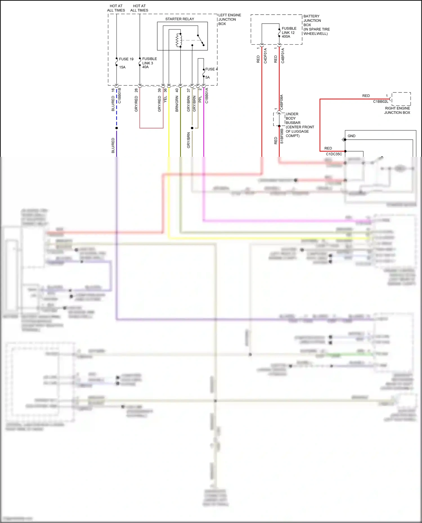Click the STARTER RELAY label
click(179, 19)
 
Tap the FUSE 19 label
click(126, 59)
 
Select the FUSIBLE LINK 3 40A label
click(149, 63)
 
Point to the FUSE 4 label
click(211, 69)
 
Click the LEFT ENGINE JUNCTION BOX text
click(229, 19)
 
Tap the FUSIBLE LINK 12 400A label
click(289, 32)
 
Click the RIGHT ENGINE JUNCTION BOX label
click(397, 110)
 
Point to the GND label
click(351, 136)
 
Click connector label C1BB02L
click(380, 102)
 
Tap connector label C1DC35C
click(334, 154)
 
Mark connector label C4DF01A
click(265, 56)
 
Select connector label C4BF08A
click(282, 102)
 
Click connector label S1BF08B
click(282, 136)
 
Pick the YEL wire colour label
click(165, 99)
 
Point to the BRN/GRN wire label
click(177, 104)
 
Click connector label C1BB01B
click(120, 96)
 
